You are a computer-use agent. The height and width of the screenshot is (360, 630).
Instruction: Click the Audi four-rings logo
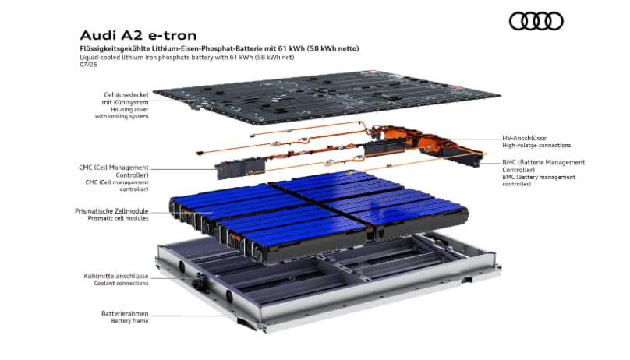point(536,21)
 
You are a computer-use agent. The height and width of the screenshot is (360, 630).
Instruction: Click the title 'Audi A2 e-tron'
point(138,35)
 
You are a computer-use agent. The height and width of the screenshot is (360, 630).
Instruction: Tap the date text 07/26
point(88,64)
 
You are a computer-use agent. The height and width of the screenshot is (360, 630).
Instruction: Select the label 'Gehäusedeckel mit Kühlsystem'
point(125,98)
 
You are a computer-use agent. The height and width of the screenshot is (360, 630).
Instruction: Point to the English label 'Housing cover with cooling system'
point(122,113)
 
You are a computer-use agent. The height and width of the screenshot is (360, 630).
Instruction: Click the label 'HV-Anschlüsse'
point(524,138)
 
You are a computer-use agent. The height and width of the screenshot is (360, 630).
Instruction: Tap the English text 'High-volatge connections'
point(536,145)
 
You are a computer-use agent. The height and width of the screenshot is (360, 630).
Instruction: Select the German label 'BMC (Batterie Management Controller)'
point(543,166)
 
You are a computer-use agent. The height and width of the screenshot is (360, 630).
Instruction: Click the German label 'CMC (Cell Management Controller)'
point(114,171)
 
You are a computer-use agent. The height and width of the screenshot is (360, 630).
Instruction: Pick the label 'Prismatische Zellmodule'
point(111,211)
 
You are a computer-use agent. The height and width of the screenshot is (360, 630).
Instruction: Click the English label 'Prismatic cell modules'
point(119,218)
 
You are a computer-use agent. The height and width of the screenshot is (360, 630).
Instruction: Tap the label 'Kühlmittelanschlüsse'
point(116,276)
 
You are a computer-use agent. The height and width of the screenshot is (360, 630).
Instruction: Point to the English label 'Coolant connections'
point(121,284)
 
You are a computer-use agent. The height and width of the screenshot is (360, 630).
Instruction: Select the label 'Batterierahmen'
point(125,313)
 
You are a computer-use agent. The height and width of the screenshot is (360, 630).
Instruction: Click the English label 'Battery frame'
point(129,321)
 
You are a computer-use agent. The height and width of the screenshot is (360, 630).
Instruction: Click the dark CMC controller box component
point(241,168)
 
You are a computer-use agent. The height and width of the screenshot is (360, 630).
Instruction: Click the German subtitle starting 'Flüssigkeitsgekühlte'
point(219,48)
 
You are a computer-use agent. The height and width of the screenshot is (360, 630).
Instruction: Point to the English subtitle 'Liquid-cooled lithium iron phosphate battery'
point(187,57)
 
